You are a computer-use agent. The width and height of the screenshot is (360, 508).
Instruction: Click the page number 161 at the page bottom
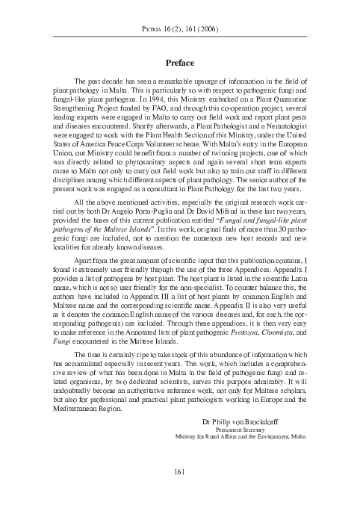179,470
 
